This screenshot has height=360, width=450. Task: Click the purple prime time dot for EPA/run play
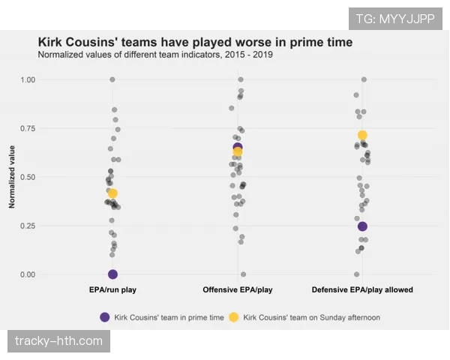click(112, 274)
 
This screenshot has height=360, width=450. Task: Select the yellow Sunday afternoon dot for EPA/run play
click(112, 193)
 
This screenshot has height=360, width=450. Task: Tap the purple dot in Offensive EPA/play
click(238, 147)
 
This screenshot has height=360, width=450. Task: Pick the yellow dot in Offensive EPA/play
click(238, 152)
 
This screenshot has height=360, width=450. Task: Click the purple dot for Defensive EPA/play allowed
click(362, 226)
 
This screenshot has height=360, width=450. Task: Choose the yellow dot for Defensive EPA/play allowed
click(362, 135)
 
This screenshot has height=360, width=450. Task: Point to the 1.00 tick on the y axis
click(28, 79)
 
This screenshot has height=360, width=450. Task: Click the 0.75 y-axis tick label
click(28, 128)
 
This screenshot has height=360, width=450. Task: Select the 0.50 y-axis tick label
click(28, 177)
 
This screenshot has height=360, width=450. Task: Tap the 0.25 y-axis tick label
click(28, 226)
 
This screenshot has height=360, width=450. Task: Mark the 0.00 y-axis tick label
click(28, 274)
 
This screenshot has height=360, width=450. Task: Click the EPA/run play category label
click(112, 289)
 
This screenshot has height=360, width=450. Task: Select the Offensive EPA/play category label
click(238, 289)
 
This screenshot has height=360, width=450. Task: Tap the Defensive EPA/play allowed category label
click(362, 289)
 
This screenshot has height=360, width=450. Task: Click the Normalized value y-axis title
click(12, 177)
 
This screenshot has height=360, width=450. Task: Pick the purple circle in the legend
click(104, 317)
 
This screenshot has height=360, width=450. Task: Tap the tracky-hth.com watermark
click(59, 341)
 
